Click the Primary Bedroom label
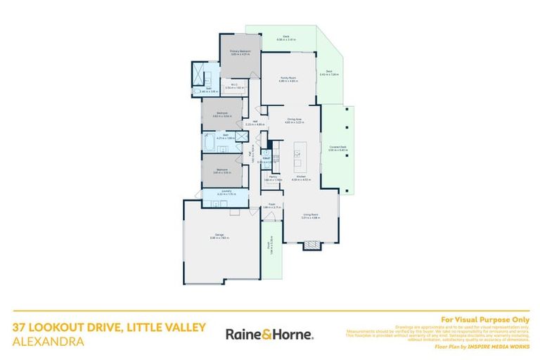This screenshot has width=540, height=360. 240,52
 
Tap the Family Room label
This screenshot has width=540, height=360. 288,79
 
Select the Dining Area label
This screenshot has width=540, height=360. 293,120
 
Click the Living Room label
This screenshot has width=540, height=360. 311,216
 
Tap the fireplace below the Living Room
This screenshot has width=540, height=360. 311,245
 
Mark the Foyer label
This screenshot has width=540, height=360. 271,206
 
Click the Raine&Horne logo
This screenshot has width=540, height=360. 269,333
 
